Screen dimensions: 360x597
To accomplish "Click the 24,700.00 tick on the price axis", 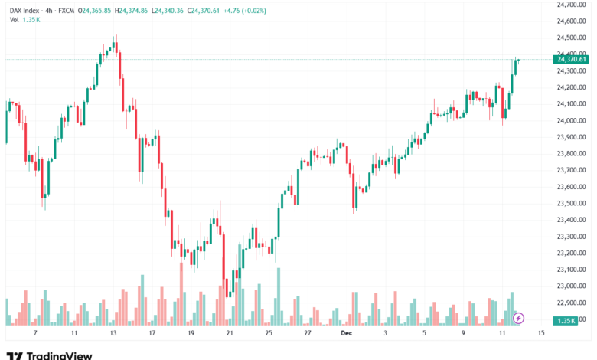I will (x=572, y=4).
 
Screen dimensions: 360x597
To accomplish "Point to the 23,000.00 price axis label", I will (x=572, y=286).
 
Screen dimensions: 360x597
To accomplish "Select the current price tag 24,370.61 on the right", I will (x=572, y=59).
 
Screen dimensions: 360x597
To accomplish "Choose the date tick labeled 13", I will (x=113, y=334).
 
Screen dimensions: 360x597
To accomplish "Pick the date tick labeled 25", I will (x=268, y=334).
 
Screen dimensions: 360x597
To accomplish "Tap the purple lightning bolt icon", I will (x=519, y=317).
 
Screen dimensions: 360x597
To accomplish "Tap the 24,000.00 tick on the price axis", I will (x=572, y=120).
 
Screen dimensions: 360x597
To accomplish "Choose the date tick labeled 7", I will (x=35, y=334).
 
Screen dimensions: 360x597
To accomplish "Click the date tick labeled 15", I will (x=541, y=334).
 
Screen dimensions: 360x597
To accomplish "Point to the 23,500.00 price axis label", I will (x=572, y=203).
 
